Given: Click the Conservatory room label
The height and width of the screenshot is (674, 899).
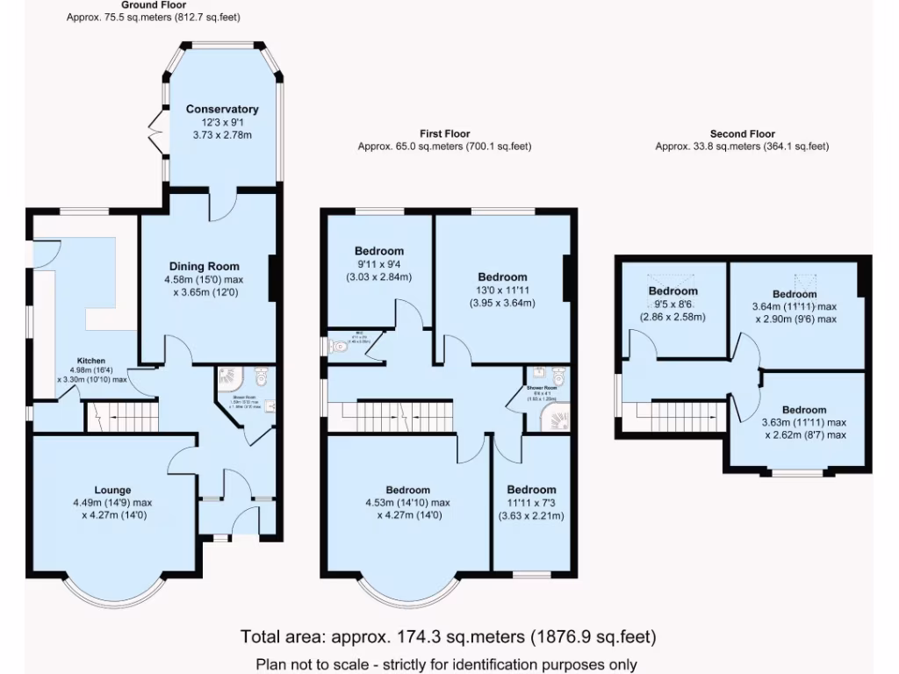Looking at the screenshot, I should (222, 109).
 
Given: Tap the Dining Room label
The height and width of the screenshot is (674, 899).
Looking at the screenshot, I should (204, 266).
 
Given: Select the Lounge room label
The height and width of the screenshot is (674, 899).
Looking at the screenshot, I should (113, 490).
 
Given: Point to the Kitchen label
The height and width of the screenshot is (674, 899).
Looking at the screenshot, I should (91, 361).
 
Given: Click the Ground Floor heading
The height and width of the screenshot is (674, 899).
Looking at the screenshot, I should (153, 5).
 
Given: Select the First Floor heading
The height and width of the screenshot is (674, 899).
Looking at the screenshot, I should (444, 133).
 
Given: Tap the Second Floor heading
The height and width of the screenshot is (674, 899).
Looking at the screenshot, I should (742, 133).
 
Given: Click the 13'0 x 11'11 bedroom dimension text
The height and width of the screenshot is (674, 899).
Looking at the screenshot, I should (502, 290).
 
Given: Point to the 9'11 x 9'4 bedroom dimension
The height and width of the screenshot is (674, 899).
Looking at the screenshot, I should (379, 264).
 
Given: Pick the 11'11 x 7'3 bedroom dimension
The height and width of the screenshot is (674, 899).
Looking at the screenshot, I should (531, 503).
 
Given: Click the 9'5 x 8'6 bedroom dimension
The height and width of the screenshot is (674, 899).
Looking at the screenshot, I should (672, 304).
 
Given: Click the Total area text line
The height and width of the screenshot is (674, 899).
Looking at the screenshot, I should (448, 636).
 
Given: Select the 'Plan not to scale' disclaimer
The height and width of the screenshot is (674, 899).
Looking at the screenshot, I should (446, 664).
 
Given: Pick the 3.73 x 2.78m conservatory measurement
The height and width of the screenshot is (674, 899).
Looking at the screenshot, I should (222, 135).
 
